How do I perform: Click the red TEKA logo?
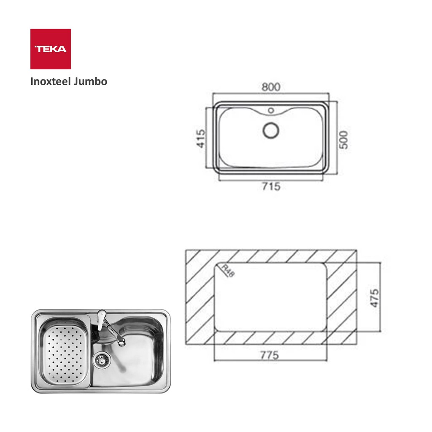[51, 49]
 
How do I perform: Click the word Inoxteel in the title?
[47, 81]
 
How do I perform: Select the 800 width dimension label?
[271, 87]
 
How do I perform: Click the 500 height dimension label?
[343, 140]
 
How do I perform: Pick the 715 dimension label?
[271, 186]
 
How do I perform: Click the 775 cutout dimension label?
[270, 355]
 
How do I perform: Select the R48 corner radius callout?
[228, 271]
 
